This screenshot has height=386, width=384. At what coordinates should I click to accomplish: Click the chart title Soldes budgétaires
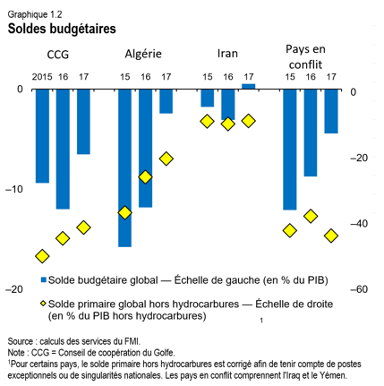[x=62, y=28]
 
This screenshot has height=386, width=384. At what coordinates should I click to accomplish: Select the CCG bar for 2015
[x=42, y=135]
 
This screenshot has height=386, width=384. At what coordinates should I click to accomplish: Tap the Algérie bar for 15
[x=124, y=167]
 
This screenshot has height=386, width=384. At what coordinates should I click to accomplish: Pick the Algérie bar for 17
[x=166, y=101]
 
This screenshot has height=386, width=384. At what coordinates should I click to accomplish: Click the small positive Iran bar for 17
[x=248, y=87]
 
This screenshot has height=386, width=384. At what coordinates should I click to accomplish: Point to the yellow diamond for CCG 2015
[x=42, y=256]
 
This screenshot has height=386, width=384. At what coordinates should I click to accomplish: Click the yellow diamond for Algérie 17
[x=166, y=159]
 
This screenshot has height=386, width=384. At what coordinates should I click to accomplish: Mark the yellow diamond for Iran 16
[x=228, y=124]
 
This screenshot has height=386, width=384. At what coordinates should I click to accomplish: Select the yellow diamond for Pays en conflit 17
[x=331, y=236]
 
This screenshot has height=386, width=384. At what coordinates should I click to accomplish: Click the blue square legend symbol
[x=42, y=279]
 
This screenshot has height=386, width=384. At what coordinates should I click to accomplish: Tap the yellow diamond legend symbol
[x=42, y=304]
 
